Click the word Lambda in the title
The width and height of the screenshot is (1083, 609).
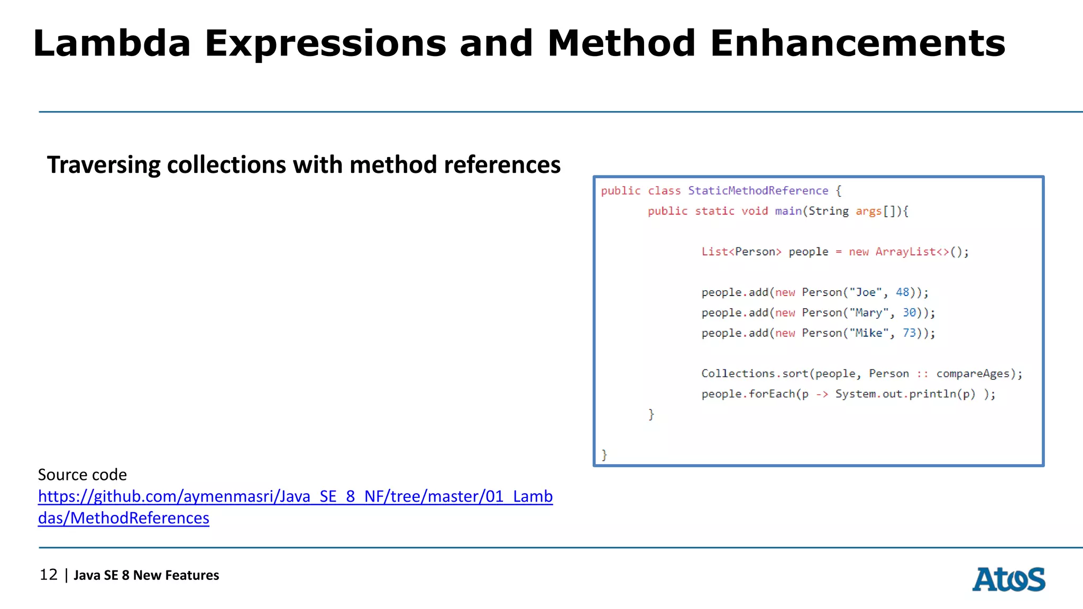click(x=112, y=43)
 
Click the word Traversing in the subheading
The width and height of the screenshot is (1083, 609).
click(x=104, y=165)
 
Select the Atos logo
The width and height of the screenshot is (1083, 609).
click(x=1008, y=579)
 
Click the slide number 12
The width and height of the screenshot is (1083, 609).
click(x=49, y=575)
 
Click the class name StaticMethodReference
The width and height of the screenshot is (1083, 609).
click(x=758, y=191)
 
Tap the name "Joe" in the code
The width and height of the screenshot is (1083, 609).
click(x=866, y=292)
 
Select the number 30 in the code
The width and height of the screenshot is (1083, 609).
click(x=909, y=312)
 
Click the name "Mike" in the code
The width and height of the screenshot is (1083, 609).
click(x=869, y=333)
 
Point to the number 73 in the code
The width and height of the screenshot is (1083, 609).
click(x=909, y=333)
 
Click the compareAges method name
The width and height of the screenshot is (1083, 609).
click(x=972, y=374)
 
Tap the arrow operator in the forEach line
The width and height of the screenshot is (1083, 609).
click(x=822, y=394)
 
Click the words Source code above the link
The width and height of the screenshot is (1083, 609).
click(x=82, y=475)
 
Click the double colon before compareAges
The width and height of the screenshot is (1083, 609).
click(x=922, y=374)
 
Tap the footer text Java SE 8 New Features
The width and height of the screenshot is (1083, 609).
click(x=146, y=575)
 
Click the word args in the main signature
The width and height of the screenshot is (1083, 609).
click(x=868, y=211)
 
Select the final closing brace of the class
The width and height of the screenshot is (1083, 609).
click(x=604, y=455)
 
